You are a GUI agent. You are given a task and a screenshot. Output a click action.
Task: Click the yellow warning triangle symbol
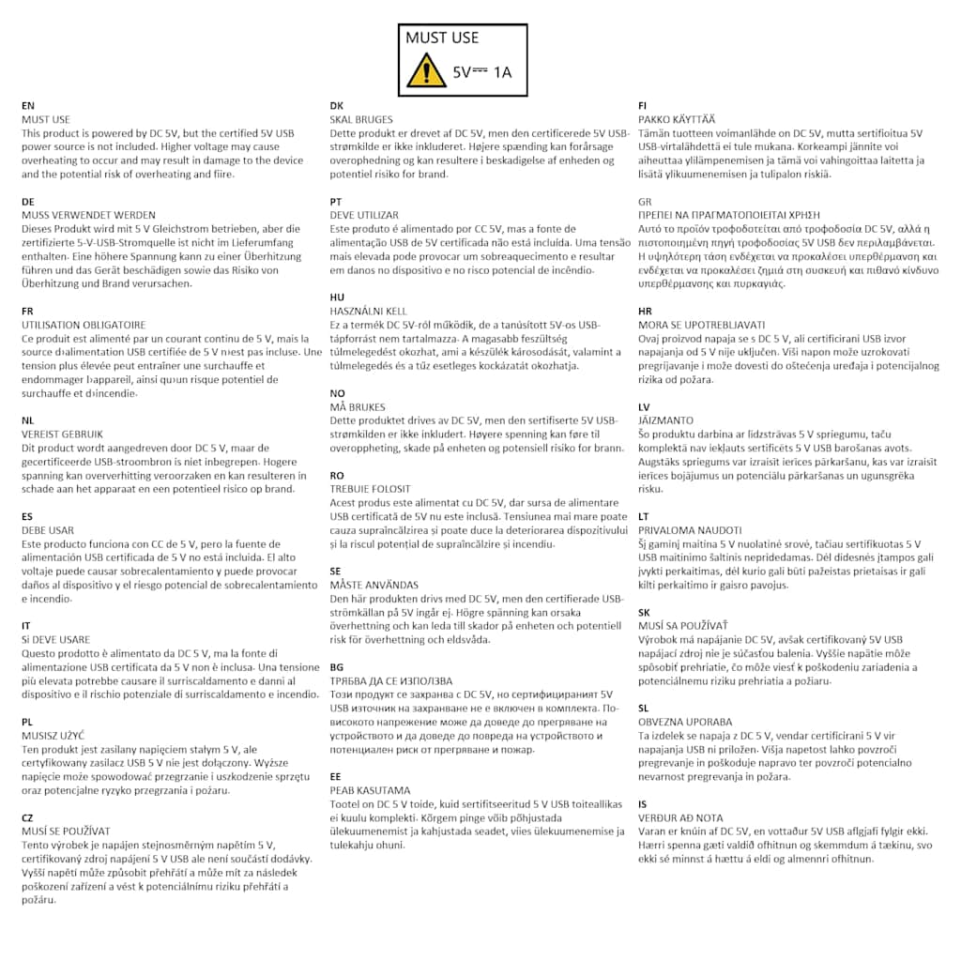click(426, 70)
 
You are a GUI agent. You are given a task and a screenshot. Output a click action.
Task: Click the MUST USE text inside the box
click(442, 38)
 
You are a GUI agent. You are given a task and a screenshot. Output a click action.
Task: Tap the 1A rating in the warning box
click(503, 71)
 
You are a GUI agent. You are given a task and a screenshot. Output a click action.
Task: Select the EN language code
click(27, 106)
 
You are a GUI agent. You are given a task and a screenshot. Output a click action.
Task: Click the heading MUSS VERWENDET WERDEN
click(88, 215)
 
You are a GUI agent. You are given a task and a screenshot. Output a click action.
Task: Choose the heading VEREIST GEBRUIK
click(62, 434)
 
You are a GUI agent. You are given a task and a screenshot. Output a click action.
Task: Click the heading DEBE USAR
click(47, 530)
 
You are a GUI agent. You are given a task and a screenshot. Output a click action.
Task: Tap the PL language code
click(26, 722)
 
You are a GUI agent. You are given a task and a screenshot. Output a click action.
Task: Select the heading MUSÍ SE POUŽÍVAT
click(66, 831)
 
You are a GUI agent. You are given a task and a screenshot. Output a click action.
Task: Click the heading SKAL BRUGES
click(361, 119)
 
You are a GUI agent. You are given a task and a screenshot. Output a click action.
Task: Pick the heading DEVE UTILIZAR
click(364, 215)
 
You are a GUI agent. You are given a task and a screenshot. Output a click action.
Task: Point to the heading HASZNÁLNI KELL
click(369, 311)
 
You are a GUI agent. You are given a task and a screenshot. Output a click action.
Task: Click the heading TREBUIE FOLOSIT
click(370, 489)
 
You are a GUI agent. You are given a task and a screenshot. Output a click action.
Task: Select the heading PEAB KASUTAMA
click(370, 790)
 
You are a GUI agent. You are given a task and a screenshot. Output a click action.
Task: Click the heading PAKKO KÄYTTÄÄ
click(676, 119)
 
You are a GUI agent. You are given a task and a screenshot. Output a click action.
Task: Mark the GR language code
click(645, 202)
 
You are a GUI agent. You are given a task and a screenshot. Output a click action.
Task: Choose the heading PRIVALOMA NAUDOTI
click(690, 530)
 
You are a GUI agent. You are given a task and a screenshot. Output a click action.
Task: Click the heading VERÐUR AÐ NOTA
click(680, 817)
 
